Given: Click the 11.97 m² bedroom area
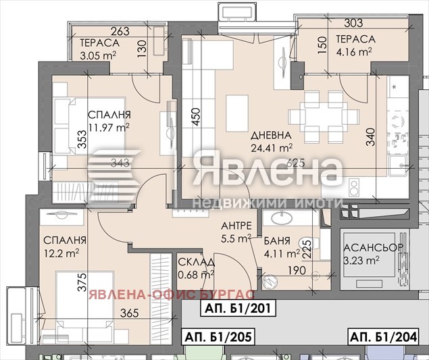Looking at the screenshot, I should [109, 126].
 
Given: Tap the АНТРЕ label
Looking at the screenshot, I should [237, 226].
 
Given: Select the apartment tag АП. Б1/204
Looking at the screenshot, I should [383, 336].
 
